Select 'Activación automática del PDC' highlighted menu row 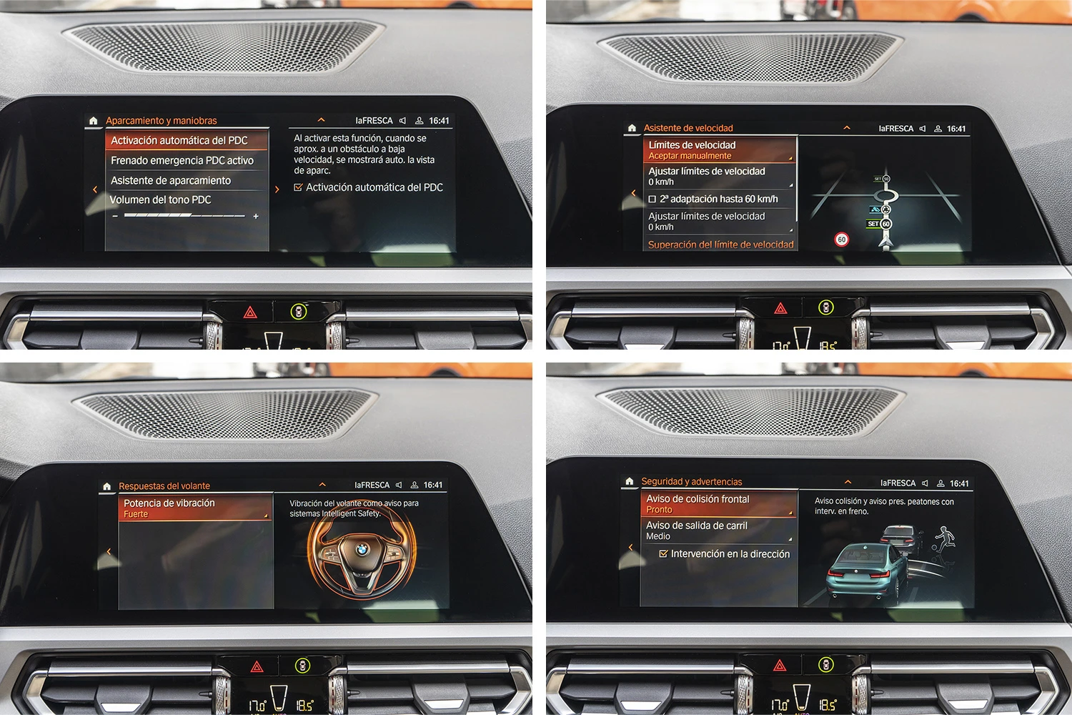[x=187, y=140]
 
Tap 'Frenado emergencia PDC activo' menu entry [x=187, y=160]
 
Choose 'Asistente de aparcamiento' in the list [x=187, y=181]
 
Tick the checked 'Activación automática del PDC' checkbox [x=298, y=187]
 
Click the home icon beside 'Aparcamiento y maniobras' [x=94, y=121]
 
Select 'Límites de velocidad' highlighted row [x=720, y=149]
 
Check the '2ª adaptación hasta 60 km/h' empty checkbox [x=652, y=199]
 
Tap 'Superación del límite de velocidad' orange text [x=720, y=245]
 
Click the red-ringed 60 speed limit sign [x=841, y=240]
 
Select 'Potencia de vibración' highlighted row [x=195, y=508]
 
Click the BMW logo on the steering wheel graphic [x=362, y=550]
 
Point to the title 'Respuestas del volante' [x=164, y=485]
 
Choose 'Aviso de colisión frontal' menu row [x=719, y=504]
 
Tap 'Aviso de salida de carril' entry [x=719, y=531]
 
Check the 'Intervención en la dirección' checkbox [x=663, y=553]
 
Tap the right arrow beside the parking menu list [x=277, y=189]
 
